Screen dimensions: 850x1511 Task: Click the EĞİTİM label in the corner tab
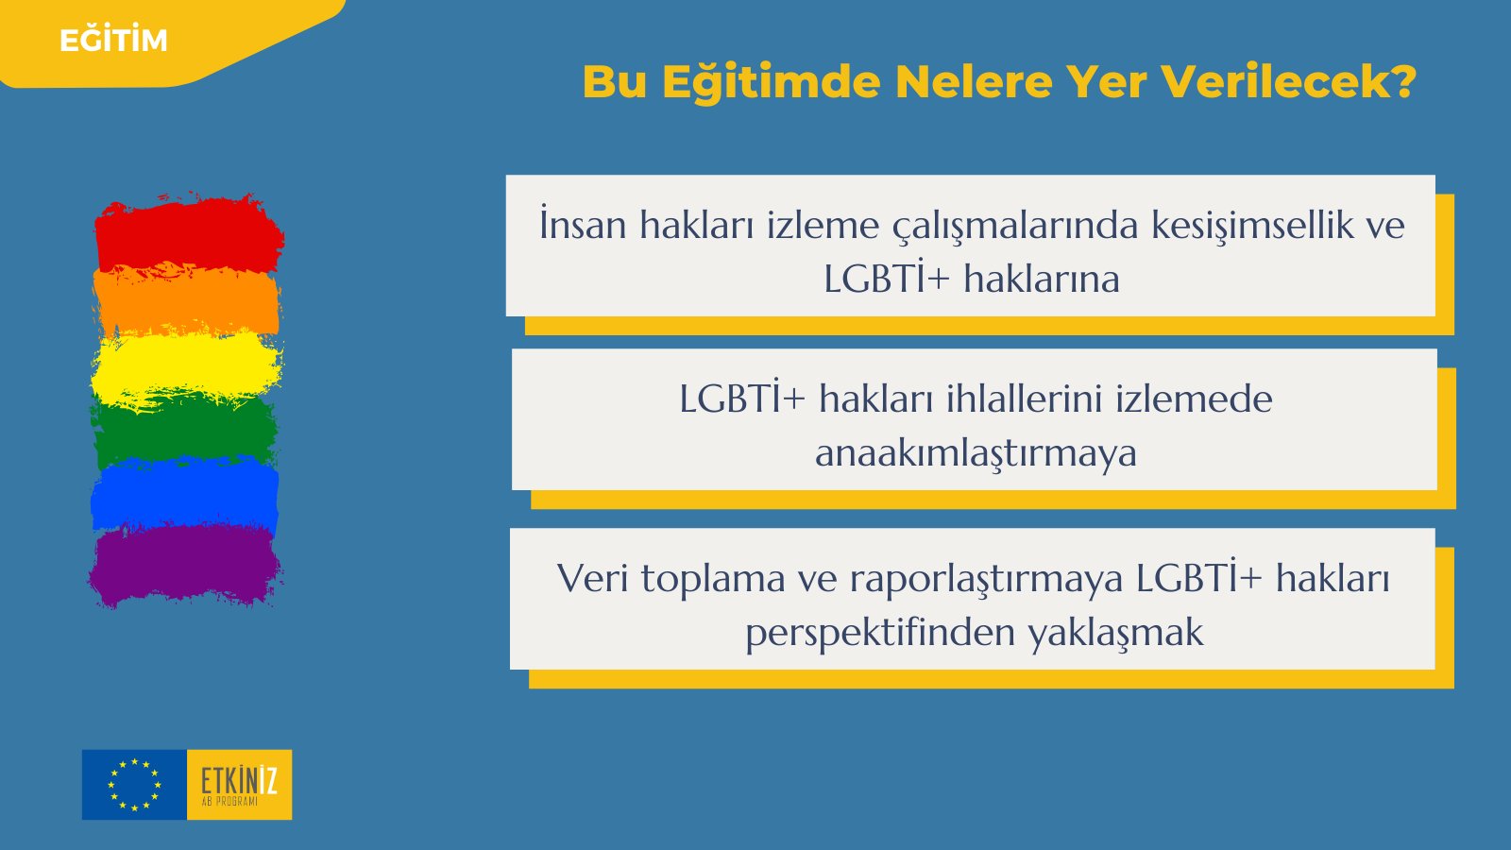tap(113, 41)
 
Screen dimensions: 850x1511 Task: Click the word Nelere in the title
tap(973, 82)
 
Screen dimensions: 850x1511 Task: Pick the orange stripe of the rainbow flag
tap(187, 300)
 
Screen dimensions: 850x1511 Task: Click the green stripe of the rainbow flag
tap(185, 428)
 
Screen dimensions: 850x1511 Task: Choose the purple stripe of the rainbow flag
tap(185, 565)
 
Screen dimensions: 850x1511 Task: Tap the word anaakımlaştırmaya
tap(976, 453)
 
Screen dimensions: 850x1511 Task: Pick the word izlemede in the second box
tap(1194, 399)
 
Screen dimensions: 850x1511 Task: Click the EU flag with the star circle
tap(134, 785)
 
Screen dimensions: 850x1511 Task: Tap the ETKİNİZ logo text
tap(239, 782)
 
